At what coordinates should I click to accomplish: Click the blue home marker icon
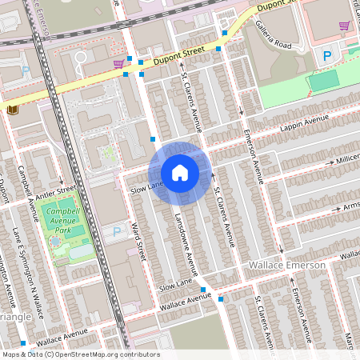point(180,173)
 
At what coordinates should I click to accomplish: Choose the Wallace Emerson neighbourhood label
point(289,265)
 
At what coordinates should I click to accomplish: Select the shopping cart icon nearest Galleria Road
point(345,26)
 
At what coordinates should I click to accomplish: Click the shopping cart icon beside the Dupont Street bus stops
point(118,62)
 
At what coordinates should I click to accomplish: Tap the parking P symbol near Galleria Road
point(326,55)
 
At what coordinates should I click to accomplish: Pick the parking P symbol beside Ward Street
point(117,232)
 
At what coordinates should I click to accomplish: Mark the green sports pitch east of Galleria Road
point(323,81)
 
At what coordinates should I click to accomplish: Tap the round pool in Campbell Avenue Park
point(55,239)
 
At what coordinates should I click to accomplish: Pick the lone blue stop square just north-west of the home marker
point(153,139)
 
